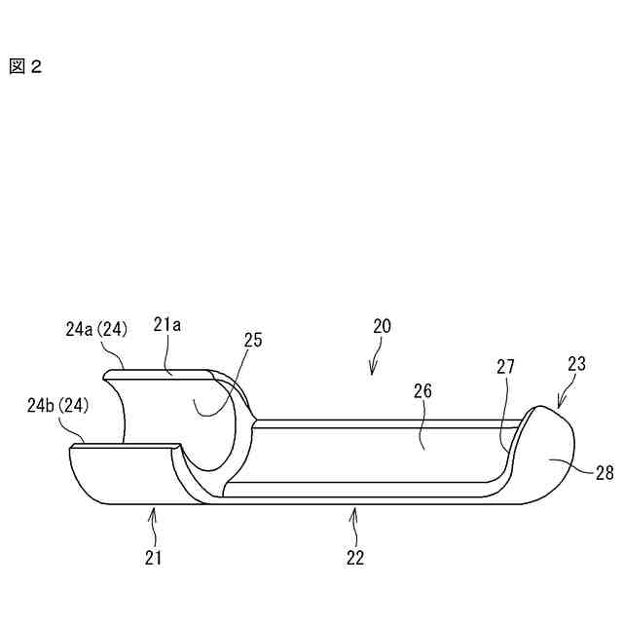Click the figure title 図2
pos(25,67)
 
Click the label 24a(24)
pos(91,329)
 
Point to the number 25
pos(253,341)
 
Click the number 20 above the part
pos(381,327)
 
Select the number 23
pos(576,365)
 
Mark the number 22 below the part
pos(355,558)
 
